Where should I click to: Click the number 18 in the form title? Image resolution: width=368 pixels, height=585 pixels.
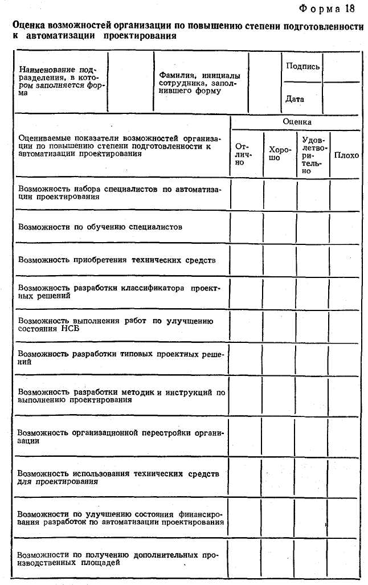(x=349, y=8)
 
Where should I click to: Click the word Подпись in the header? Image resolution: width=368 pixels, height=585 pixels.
(x=302, y=66)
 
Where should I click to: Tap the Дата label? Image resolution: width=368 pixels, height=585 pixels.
(x=295, y=99)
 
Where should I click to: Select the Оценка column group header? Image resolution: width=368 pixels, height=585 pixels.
(x=297, y=122)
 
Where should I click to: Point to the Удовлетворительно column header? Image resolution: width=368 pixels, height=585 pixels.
(x=313, y=154)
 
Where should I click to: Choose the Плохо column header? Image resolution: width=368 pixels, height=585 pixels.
(x=346, y=154)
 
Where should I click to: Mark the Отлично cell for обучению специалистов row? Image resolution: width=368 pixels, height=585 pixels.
(x=246, y=227)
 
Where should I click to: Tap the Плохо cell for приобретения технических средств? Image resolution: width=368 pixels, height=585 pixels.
(x=345, y=260)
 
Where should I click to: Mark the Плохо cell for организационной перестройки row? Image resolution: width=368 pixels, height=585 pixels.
(x=345, y=437)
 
